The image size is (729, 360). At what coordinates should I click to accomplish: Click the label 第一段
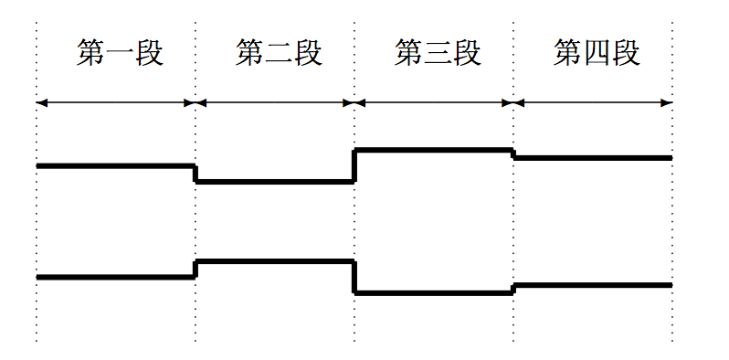click(x=120, y=54)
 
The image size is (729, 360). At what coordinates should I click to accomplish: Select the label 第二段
click(x=279, y=54)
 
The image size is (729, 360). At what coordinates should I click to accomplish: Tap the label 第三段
click(x=438, y=54)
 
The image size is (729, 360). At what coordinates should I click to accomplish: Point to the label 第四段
click(x=597, y=54)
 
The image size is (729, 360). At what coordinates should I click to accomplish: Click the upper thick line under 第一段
click(x=115, y=165)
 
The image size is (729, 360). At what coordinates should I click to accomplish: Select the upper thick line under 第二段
click(x=274, y=181)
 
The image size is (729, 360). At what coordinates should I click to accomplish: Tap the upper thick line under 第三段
click(x=433, y=149)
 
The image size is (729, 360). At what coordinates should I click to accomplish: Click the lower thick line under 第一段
click(x=115, y=276)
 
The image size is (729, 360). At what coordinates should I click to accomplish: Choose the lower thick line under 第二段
click(x=274, y=261)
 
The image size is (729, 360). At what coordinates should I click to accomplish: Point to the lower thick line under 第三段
click(x=433, y=292)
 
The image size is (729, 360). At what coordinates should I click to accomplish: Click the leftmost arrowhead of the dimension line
click(x=41, y=102)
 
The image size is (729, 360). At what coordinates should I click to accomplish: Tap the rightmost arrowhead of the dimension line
click(x=668, y=102)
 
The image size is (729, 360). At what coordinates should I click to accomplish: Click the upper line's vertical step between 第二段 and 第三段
click(x=354, y=165)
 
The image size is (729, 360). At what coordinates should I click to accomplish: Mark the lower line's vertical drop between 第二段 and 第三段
click(x=354, y=277)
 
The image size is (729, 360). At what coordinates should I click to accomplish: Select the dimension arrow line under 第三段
click(x=433, y=102)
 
